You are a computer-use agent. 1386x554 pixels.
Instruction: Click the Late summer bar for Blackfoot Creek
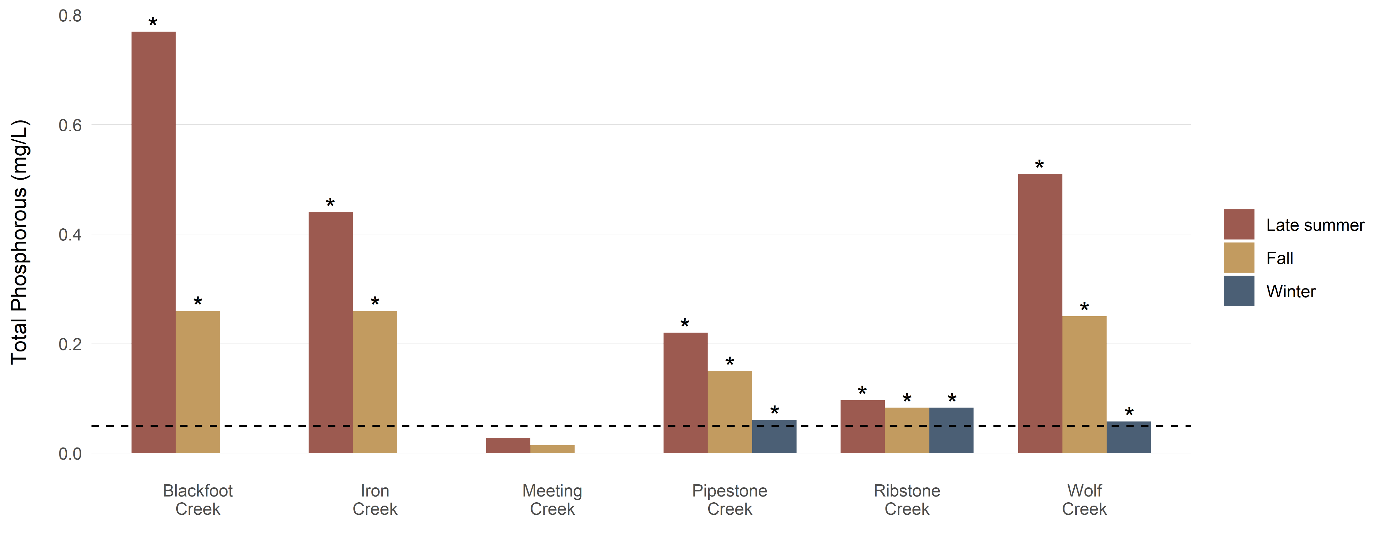tap(153, 242)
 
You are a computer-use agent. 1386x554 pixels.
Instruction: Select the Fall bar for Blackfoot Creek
tap(198, 382)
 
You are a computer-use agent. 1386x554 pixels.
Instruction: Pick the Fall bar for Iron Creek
tap(375, 382)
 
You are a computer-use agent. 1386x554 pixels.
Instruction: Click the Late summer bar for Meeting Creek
tap(508, 446)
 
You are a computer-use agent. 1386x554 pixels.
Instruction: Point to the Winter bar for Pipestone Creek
tap(774, 436)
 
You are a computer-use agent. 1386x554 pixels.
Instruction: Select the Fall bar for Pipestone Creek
tap(730, 412)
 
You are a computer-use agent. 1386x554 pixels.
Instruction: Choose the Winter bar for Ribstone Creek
tap(951, 430)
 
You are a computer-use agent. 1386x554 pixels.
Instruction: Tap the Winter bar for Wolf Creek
tap(1129, 437)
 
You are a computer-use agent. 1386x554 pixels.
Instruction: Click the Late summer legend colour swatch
tap(1238, 224)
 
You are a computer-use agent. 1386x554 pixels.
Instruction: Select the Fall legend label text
tap(1279, 258)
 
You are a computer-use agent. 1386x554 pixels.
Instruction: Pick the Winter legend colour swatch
tap(1238, 291)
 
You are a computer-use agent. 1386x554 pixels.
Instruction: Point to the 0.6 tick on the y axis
tap(70, 125)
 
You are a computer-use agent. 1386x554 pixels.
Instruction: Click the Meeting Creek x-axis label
tap(552, 500)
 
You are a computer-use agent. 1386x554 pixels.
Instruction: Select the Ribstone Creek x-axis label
tap(907, 500)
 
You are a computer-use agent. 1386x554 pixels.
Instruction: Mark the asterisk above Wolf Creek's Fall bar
tap(1084, 306)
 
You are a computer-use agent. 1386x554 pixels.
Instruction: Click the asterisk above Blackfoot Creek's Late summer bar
tap(153, 22)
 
